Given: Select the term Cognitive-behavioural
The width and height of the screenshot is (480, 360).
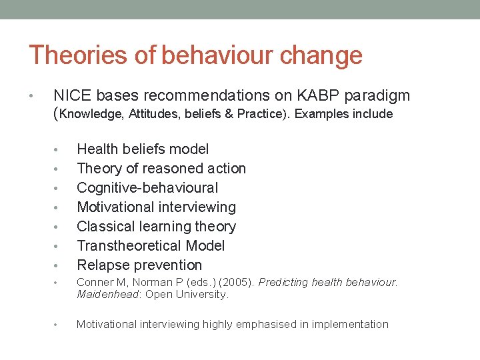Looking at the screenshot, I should pos(147,187).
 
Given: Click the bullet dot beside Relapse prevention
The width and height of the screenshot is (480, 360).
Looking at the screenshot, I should pos(57,265).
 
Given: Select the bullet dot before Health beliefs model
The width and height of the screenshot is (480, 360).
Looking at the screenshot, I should pos(57,149).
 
